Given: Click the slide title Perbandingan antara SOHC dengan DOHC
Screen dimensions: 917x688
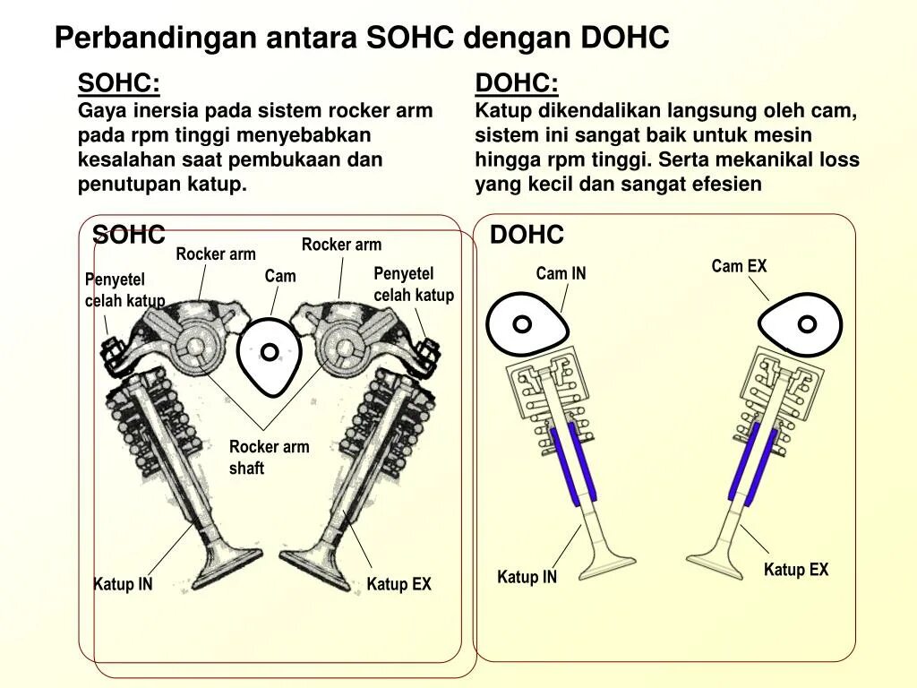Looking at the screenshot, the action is (362, 38).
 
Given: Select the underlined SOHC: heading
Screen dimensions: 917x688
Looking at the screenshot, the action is (119, 84).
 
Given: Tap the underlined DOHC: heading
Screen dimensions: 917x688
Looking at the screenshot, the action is (517, 84).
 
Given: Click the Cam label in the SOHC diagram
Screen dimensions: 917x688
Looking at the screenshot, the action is (279, 276).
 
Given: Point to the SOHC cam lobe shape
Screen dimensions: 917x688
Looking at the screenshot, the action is (270, 354).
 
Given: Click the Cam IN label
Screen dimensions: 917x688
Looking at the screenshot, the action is (561, 273).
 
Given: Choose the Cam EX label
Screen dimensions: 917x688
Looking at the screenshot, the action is (739, 266).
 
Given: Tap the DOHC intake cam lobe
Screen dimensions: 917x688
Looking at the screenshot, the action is (527, 325).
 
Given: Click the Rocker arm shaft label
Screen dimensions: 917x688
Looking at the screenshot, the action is (269, 457).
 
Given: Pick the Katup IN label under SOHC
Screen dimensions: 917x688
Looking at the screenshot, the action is (123, 585).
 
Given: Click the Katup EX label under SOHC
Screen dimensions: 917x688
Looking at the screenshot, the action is (399, 585).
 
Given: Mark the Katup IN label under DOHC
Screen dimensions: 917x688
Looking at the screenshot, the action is (527, 577).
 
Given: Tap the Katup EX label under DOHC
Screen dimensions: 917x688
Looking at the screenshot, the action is (796, 570).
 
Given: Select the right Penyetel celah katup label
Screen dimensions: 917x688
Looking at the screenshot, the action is (414, 284).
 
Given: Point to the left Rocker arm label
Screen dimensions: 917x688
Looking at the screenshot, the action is (216, 254).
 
